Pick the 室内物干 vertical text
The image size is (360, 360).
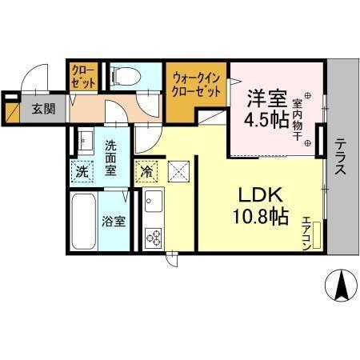pyautogui.click(x=297, y=120)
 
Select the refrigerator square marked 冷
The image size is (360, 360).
pyautogui.click(x=146, y=170)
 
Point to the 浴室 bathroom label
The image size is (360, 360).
pyautogui.click(x=113, y=222)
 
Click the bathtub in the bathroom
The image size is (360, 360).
pyautogui.click(x=83, y=221)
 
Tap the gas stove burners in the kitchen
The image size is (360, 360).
pyautogui.click(x=152, y=237)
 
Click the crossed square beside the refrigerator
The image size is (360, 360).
pyautogui.click(x=179, y=170)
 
